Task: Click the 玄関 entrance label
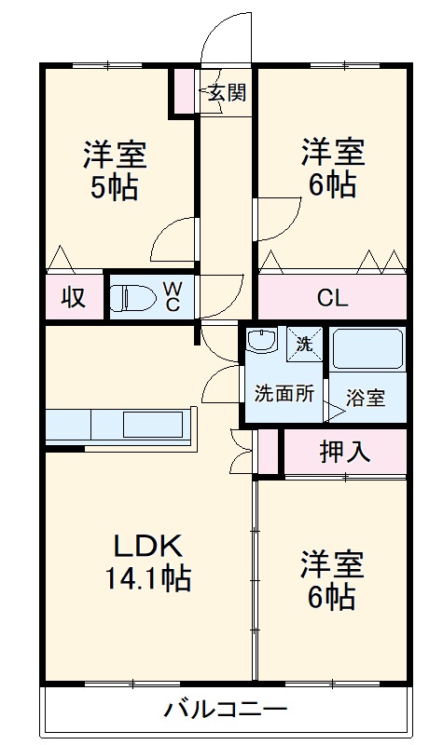tap(227, 93)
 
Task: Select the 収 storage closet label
tap(74, 298)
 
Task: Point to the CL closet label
tap(331, 299)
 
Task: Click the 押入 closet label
tap(345, 452)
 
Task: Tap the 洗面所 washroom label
tap(284, 393)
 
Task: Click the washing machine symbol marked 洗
tap(304, 343)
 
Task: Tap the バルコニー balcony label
tap(220, 710)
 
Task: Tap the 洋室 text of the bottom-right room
tap(331, 563)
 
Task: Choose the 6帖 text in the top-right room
tap(332, 184)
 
